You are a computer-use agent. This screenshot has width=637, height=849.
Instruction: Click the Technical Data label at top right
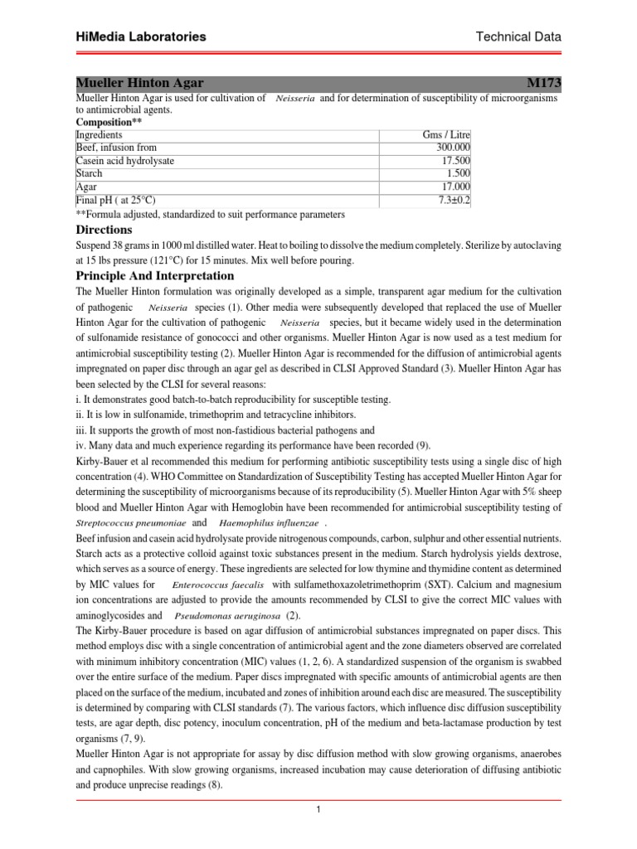(x=519, y=36)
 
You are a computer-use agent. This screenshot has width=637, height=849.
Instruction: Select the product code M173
(x=543, y=84)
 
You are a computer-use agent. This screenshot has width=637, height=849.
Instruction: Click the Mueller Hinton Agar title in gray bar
(x=139, y=84)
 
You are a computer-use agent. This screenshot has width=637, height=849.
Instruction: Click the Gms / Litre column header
(x=446, y=134)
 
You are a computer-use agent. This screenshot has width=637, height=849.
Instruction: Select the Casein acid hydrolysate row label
(x=125, y=161)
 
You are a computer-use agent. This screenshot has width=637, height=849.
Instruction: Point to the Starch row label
(x=90, y=174)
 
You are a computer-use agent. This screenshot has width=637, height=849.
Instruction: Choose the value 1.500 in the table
(x=456, y=174)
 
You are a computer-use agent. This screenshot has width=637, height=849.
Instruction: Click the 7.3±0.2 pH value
(x=452, y=201)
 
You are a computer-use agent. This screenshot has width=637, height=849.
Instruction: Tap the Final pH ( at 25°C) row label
(x=115, y=201)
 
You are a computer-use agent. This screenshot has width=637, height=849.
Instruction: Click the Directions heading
(x=104, y=230)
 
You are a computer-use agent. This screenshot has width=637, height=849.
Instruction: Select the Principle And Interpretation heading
(x=155, y=275)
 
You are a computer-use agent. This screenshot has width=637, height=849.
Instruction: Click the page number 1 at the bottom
(x=318, y=810)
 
